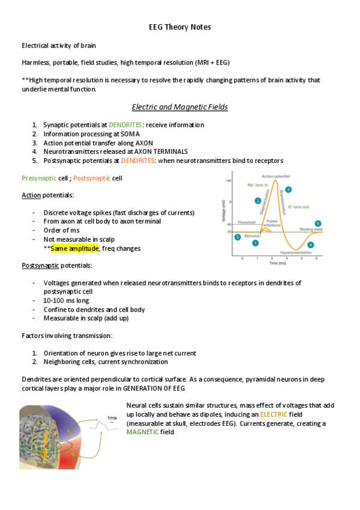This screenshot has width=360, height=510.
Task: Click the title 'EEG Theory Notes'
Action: click(180, 27)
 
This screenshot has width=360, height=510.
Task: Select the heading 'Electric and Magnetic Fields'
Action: click(180, 107)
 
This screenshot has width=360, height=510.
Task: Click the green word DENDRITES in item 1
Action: click(135, 124)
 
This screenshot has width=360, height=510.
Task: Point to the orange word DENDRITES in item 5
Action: click(138, 161)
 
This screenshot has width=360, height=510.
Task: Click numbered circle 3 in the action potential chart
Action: click(288, 189)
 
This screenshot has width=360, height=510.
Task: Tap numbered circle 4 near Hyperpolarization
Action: click(311, 244)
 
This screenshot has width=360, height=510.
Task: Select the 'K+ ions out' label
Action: click(298, 207)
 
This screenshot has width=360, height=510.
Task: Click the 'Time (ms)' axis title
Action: click(278, 263)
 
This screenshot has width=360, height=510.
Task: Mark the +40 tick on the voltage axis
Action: click(228, 181)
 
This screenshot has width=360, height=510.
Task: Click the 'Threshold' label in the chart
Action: click(246, 222)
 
